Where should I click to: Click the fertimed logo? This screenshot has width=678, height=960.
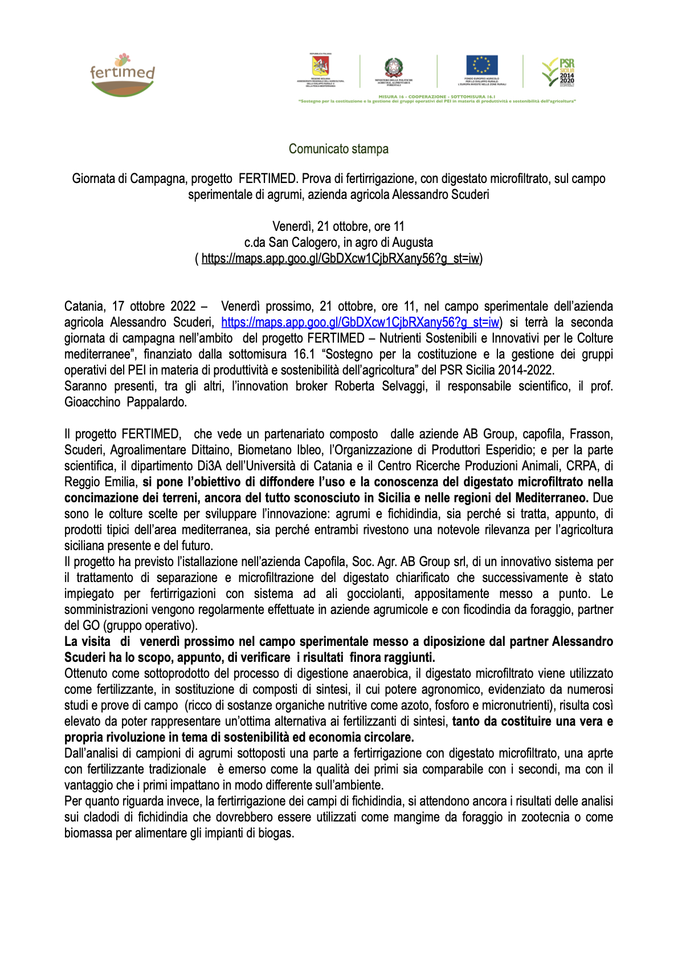[122, 75]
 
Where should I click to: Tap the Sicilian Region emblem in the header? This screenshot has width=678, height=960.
[320, 65]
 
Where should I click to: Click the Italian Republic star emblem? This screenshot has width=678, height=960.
[393, 67]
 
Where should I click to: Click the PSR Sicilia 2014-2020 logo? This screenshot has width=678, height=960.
[558, 72]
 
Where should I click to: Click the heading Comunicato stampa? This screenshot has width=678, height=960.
[338, 149]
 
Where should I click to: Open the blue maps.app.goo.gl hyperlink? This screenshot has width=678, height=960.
[360, 322]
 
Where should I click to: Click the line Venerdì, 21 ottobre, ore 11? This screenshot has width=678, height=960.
[338, 226]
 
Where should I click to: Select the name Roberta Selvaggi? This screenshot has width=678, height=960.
[381, 386]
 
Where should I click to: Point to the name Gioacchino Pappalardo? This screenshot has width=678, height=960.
[125, 402]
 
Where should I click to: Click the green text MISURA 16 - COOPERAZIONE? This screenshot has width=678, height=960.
[412, 96]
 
